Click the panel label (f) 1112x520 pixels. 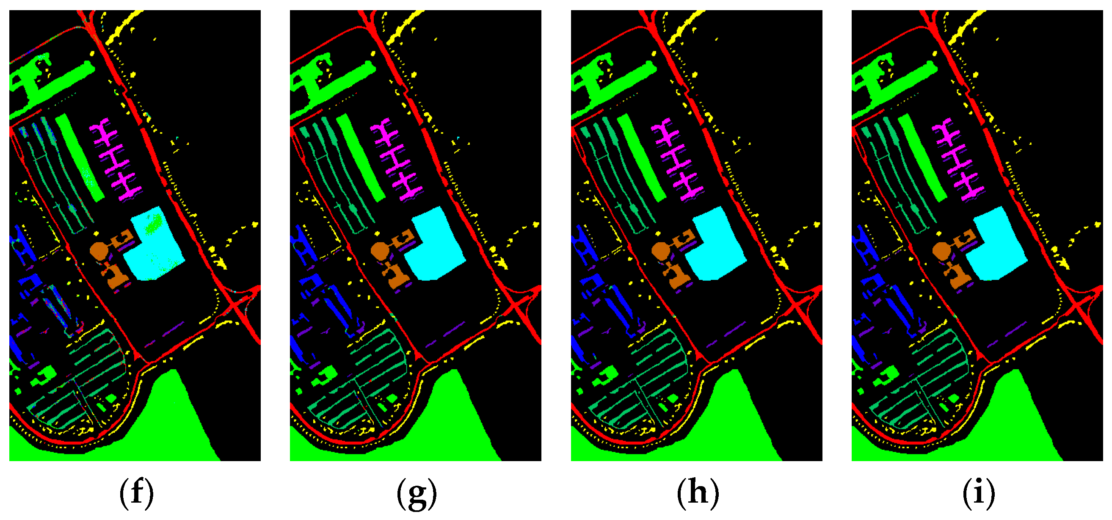136,492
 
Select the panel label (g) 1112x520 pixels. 417,492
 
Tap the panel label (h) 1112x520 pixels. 698,492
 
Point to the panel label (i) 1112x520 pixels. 979,492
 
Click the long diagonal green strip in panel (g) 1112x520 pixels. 361,158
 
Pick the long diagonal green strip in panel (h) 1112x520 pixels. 641,158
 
